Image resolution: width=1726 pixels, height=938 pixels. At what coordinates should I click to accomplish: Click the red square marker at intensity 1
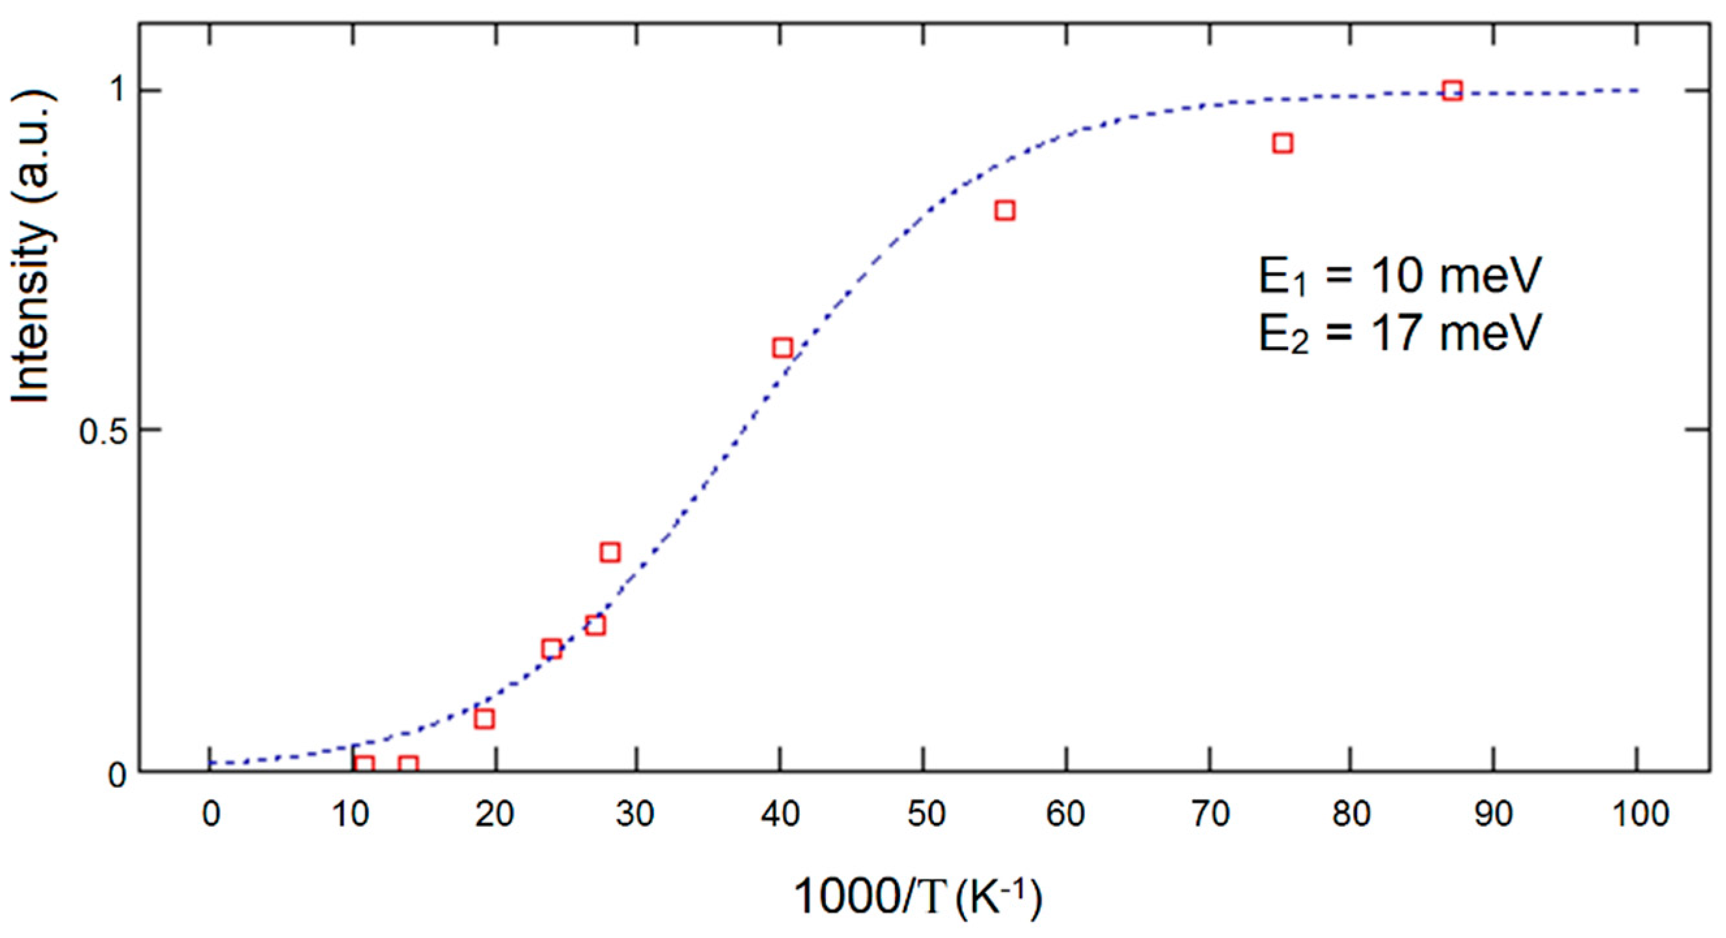pyautogui.click(x=1452, y=90)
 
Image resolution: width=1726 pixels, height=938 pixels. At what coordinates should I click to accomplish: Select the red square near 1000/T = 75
pyautogui.click(x=1282, y=143)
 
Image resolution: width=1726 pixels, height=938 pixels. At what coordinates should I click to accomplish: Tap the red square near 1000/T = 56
pyautogui.click(x=1005, y=210)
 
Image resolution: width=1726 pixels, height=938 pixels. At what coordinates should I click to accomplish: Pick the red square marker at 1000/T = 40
pyautogui.click(x=782, y=348)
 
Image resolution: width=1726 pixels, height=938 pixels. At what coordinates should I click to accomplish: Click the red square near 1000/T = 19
pyautogui.click(x=484, y=719)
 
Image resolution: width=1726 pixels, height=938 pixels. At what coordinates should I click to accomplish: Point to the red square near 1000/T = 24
pyautogui.click(x=551, y=648)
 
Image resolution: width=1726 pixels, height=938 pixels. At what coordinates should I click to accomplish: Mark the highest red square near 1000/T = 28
pyautogui.click(x=610, y=552)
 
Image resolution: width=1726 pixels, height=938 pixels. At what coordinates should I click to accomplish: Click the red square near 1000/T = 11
pyautogui.click(x=364, y=764)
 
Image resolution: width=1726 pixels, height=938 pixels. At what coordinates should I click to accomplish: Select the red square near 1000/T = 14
pyautogui.click(x=408, y=764)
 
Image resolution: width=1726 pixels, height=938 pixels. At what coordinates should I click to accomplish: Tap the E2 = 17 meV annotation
pyautogui.click(x=1400, y=333)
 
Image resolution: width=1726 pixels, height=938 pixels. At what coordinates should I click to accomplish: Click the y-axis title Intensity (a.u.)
pyautogui.click(x=32, y=247)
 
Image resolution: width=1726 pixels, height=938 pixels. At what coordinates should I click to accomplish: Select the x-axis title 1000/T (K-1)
pyautogui.click(x=917, y=896)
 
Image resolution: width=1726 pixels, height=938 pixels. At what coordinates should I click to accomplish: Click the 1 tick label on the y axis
pyautogui.click(x=119, y=89)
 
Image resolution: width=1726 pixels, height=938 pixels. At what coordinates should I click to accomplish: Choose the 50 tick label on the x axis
pyautogui.click(x=925, y=814)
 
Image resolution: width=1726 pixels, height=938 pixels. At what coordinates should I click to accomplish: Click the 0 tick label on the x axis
pyautogui.click(x=211, y=814)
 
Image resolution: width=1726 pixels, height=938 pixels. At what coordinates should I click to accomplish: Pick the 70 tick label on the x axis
pyautogui.click(x=1211, y=814)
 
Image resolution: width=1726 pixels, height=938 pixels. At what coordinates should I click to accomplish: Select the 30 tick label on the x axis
pyautogui.click(x=636, y=814)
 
